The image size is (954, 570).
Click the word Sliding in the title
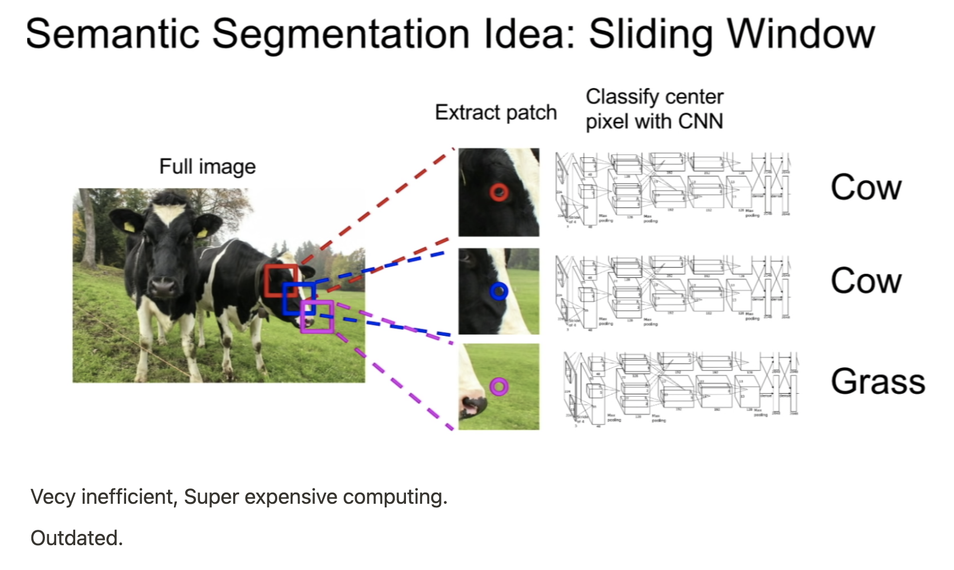(650, 34)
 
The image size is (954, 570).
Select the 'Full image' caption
(207, 167)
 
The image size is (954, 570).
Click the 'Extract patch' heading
(495, 112)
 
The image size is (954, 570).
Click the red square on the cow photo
(281, 281)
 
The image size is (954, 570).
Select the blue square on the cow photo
(298, 299)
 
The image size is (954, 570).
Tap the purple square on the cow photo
(317, 316)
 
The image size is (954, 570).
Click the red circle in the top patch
(499, 192)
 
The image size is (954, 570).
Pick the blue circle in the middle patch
(499, 291)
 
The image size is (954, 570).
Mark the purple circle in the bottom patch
(499, 387)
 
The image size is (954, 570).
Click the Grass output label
(878, 381)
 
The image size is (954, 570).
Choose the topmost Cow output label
(866, 188)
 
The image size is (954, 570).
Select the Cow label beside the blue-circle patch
(866, 281)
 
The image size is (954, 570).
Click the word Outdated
(76, 538)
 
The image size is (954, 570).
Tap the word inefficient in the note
(128, 497)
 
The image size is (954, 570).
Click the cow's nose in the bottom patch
(473, 406)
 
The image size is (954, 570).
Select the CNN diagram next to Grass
(681, 387)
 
